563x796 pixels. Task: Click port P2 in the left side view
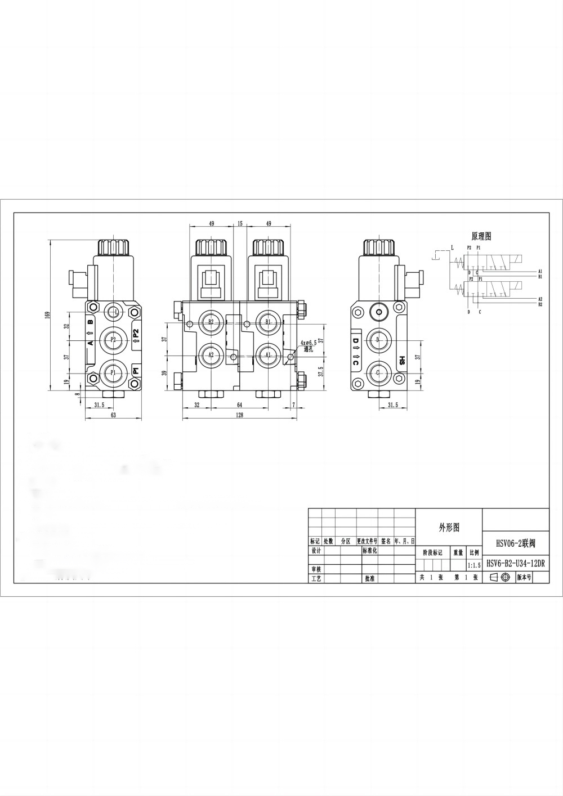[x=113, y=339]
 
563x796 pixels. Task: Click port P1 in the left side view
[x=113, y=372]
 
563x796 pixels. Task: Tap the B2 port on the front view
[x=211, y=322]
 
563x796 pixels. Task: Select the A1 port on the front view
[x=268, y=355]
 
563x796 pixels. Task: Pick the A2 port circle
[x=211, y=355]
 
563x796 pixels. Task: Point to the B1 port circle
[x=268, y=322]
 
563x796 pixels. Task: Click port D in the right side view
[x=378, y=339]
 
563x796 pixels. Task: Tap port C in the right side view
[x=378, y=372]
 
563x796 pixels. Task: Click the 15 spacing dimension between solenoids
[x=240, y=223]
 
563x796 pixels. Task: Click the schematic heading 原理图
[x=481, y=236]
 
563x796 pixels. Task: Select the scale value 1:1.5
[x=474, y=565]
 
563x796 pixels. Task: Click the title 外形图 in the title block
[x=449, y=527]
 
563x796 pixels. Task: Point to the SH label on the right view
[x=402, y=361]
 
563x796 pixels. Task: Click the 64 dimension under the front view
[x=239, y=404]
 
